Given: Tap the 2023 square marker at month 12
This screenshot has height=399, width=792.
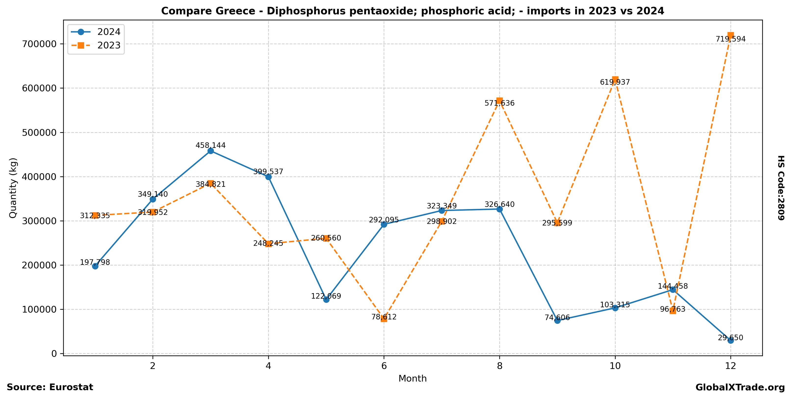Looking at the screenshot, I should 730,35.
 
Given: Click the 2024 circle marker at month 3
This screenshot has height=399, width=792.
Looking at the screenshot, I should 211,151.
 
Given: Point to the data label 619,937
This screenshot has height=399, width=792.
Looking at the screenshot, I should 615,83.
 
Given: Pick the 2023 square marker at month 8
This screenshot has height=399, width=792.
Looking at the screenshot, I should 500,101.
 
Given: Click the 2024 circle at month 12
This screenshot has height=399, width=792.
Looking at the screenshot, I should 730,340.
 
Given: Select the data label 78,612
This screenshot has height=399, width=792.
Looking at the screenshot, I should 384,317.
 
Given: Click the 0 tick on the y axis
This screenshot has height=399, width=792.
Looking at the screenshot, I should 54,354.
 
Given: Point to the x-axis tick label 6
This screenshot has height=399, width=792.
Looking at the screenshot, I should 384,366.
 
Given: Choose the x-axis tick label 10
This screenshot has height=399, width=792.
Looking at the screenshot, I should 615,366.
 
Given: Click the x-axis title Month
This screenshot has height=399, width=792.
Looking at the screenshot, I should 412,378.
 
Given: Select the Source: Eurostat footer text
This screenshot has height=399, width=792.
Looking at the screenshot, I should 50,387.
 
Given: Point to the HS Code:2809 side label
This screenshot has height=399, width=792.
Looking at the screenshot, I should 781,188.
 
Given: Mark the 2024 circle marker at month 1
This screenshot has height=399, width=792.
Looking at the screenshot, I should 95,266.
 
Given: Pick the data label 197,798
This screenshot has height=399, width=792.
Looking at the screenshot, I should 95,262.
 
